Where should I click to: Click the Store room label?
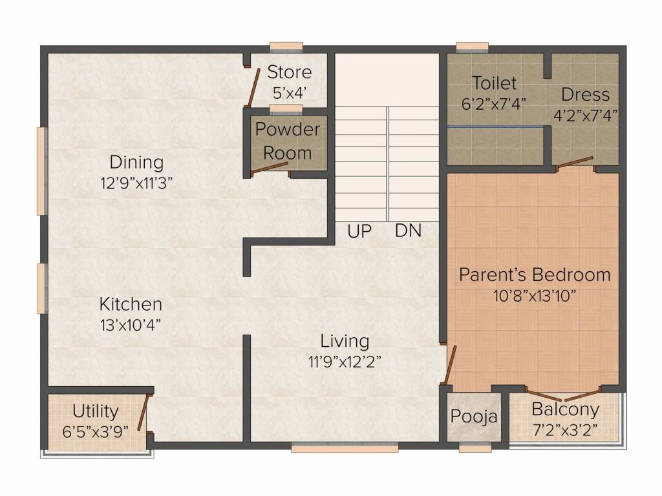[289, 72]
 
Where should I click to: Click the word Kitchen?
[131, 304]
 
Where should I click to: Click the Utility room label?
[95, 411]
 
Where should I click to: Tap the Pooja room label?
[474, 417]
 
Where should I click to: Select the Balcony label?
[565, 409]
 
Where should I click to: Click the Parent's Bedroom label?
[535, 274]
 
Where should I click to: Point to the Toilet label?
[494, 83]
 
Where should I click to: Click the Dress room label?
[585, 95]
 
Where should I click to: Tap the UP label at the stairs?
[359, 231]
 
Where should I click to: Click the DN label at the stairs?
[408, 231]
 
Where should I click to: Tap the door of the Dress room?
[575, 161]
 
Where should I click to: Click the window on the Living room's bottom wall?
[345, 447]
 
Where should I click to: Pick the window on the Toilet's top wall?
[472, 46]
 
